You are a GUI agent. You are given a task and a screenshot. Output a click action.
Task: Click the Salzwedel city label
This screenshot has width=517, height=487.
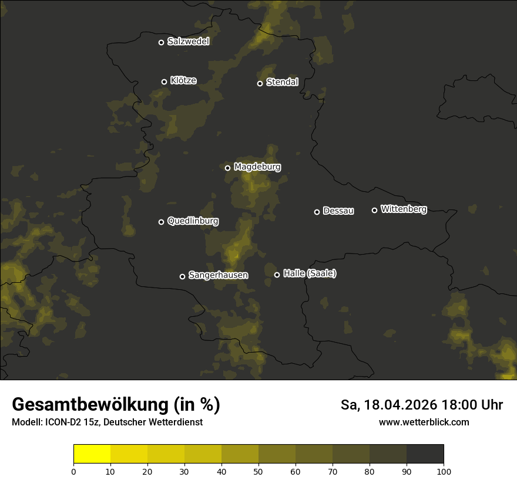pyautogui.click(x=188, y=42)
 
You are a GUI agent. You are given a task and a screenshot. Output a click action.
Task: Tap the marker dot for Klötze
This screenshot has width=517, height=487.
pyautogui.click(x=164, y=82)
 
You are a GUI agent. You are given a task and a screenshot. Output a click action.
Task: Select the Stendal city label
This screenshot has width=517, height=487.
pyautogui.click(x=282, y=82)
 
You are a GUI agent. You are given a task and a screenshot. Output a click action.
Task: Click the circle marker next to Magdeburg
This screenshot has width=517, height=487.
pyautogui.click(x=228, y=168)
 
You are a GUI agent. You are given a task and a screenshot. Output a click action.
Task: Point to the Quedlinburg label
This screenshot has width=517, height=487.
pyautogui.click(x=193, y=221)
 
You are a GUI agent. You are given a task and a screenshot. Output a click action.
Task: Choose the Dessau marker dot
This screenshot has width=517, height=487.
pyautogui.click(x=317, y=212)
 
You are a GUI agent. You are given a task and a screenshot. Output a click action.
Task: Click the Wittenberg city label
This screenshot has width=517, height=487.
pyautogui.click(x=404, y=209)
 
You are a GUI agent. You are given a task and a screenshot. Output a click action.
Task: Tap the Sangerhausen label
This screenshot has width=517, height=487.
pyautogui.click(x=218, y=275)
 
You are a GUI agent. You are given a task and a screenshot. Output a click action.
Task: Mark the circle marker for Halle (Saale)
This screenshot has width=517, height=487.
pyautogui.click(x=277, y=275)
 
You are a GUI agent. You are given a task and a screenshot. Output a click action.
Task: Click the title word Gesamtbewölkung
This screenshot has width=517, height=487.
pyautogui.click(x=90, y=405)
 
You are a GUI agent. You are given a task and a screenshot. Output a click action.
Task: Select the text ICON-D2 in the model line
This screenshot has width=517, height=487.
pyautogui.click(x=63, y=422)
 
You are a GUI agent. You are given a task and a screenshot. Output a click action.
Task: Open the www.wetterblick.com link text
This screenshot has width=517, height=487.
pyautogui.click(x=424, y=422)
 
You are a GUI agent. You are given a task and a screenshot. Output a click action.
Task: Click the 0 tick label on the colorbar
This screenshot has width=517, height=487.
pyautogui.click(x=73, y=471)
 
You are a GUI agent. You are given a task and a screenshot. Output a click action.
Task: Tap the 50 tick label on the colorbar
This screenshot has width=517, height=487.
pyautogui.click(x=258, y=471)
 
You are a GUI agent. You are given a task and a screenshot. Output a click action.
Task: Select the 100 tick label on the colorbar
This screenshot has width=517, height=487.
pyautogui.click(x=444, y=471)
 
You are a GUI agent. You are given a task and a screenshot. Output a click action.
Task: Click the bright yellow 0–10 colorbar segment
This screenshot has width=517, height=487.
pyautogui.click(x=92, y=454)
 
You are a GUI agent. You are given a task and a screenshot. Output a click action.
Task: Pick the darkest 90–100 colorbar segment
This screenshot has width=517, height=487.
pyautogui.click(x=425, y=454)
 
